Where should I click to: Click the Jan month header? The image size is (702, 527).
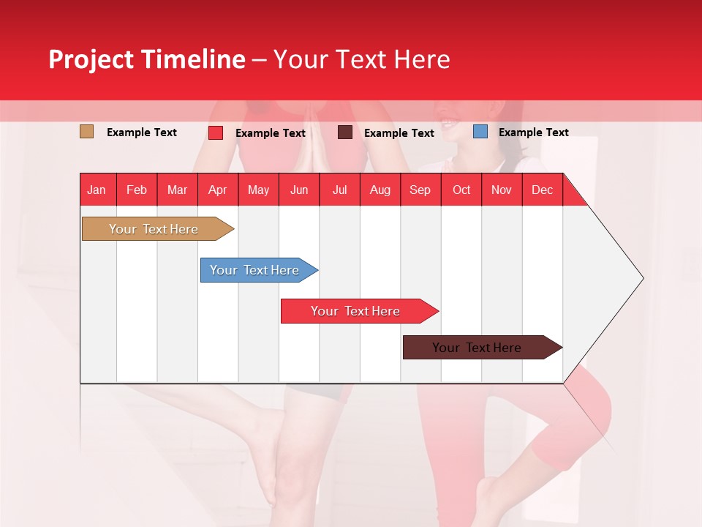[97, 190]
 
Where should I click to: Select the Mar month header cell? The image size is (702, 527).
[177, 190]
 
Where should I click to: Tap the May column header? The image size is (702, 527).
[258, 190]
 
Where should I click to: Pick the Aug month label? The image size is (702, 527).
[380, 190]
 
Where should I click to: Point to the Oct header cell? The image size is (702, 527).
[461, 190]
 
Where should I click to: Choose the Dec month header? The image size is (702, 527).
[542, 190]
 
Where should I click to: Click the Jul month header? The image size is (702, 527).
[339, 190]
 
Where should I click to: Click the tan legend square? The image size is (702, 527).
[86, 132]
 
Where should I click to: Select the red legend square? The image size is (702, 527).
[216, 132]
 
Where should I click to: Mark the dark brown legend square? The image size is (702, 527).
[345, 132]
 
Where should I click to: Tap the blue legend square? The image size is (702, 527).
[480, 132]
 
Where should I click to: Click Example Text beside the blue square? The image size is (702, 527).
[533, 132]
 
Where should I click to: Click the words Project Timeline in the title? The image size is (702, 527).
[146, 59]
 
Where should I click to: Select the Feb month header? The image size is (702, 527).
[137, 190]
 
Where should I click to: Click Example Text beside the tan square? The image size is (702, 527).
[141, 132]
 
